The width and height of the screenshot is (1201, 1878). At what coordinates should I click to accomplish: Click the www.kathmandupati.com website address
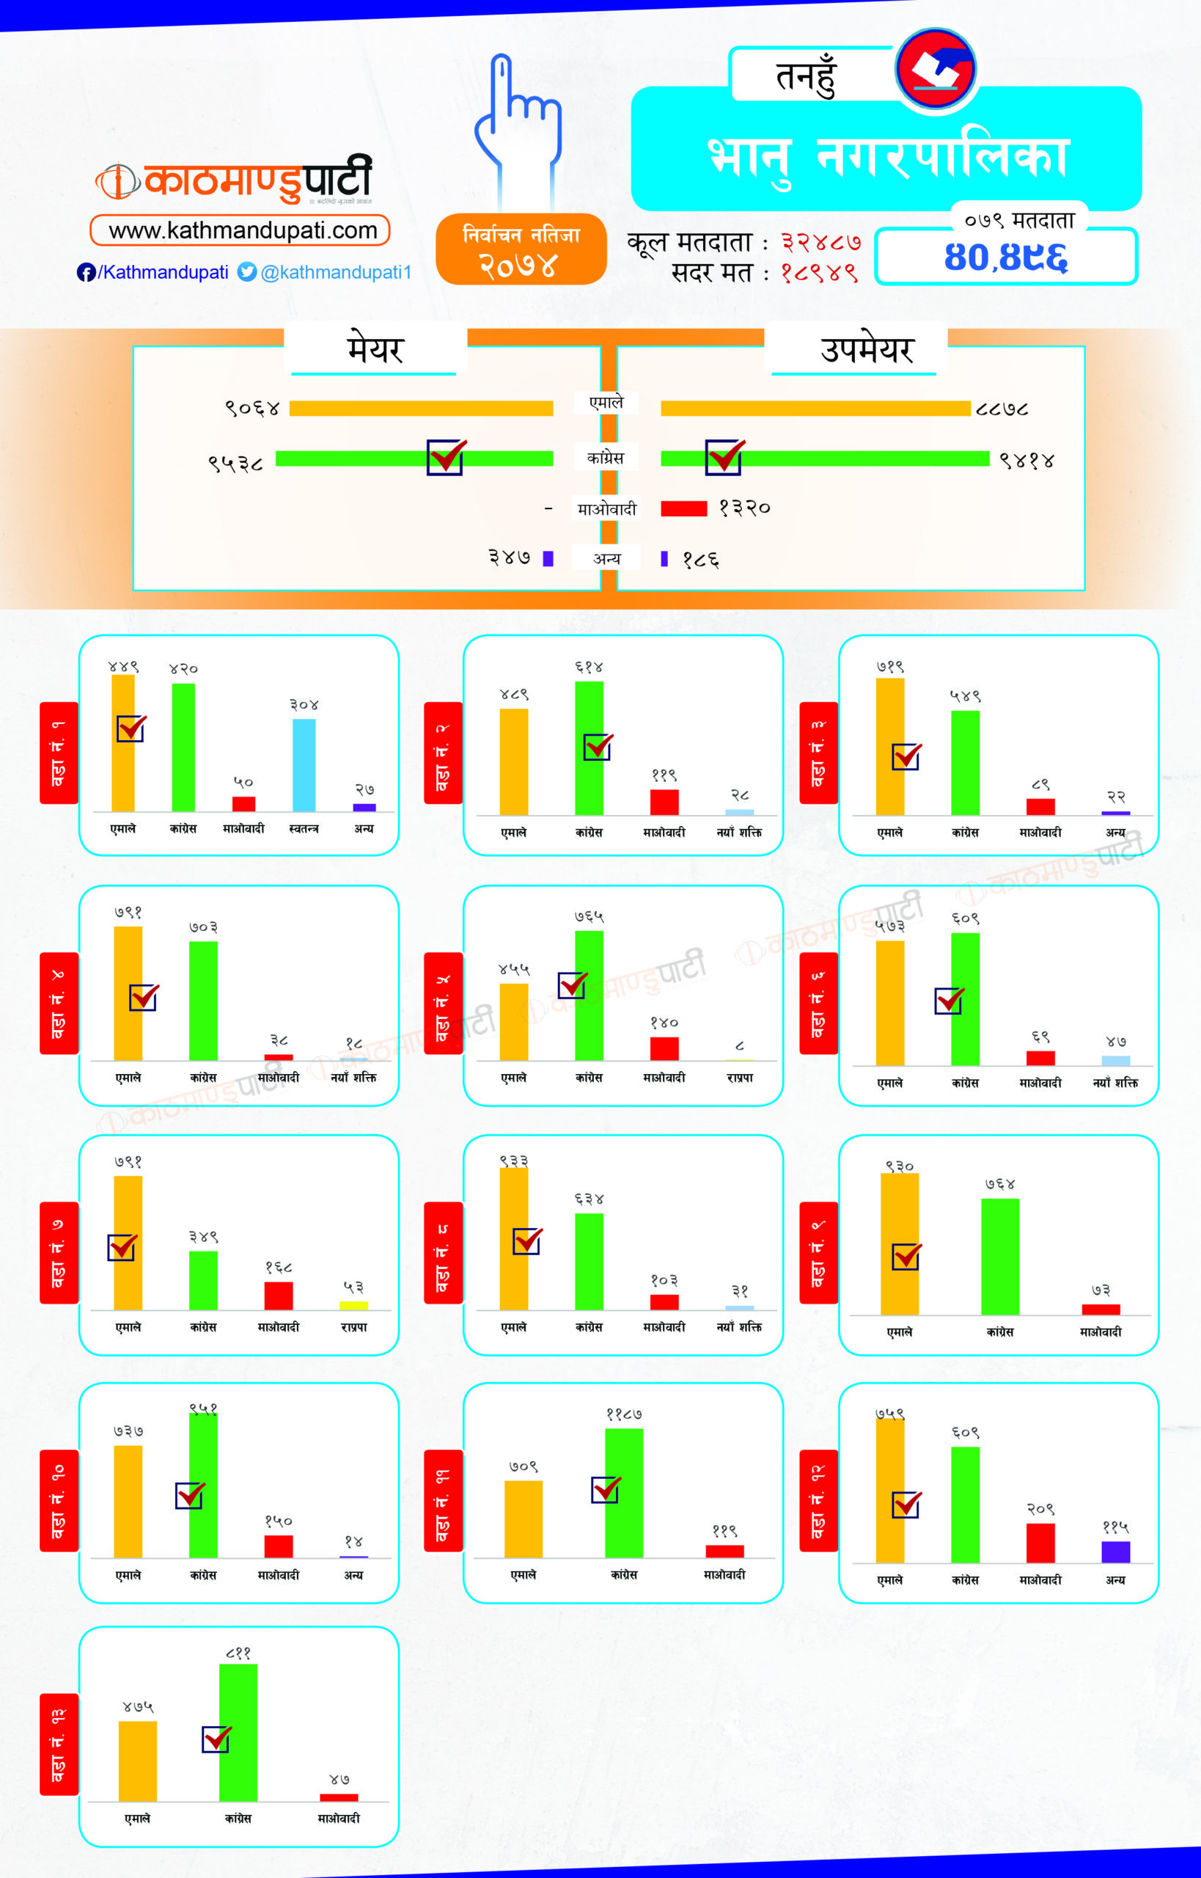pos(242,230)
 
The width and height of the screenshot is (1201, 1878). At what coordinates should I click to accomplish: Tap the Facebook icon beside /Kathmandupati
pos(86,272)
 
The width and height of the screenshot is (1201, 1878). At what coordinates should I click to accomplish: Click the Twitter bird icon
pos(247,271)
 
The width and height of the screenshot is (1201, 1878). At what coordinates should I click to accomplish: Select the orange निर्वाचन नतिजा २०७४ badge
pos(521,249)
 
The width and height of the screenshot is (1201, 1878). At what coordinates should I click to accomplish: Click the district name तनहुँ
pos(806,76)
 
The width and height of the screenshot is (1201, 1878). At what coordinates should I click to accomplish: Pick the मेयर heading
pos(375,348)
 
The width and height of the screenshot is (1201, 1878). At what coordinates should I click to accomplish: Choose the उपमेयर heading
pos(866,348)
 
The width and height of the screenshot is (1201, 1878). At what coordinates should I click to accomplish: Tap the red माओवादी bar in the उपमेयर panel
pos(683,508)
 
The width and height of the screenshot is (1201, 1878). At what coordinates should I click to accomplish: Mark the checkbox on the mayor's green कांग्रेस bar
pos(446,457)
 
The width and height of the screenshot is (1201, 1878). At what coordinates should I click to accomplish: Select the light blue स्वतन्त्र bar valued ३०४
pos(304,764)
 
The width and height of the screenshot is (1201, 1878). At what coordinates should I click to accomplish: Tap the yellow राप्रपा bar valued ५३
pos(353,1305)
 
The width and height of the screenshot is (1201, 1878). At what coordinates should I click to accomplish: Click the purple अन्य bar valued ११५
pos(1115,1551)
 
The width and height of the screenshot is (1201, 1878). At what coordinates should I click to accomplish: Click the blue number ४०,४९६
pos(1005,257)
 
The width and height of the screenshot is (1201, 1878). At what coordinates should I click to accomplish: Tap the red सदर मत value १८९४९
pos(819,273)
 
